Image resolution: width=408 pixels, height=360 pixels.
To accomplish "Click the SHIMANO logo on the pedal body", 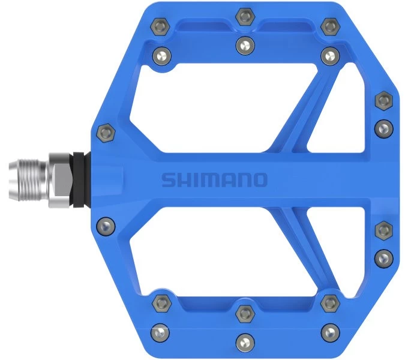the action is [214, 180].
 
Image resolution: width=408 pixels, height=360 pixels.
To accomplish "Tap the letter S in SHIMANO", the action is [169, 180].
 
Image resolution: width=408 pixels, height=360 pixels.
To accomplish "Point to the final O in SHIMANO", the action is [260, 180].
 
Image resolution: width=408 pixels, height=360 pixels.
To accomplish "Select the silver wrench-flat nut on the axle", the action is [61, 181].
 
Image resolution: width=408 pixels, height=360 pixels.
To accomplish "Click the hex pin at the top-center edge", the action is [245, 17].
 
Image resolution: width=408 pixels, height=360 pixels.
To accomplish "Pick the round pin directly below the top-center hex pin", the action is [245, 46].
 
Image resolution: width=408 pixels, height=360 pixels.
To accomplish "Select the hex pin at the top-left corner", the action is [160, 27].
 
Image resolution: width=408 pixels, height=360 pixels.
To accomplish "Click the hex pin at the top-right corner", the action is [330, 27].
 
